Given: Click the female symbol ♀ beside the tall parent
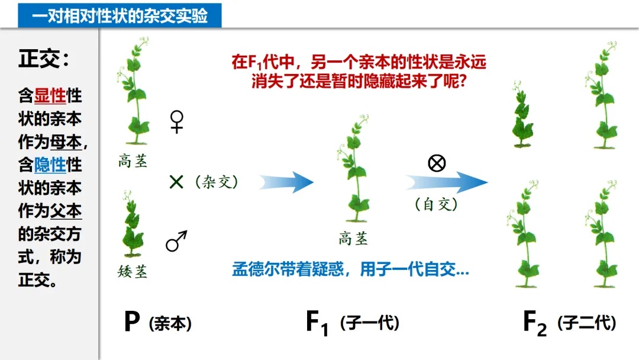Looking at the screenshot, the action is pyautogui.click(x=176, y=122).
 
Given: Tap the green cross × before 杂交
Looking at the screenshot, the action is pyautogui.click(x=176, y=182).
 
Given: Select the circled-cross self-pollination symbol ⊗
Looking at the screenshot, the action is pyautogui.click(x=437, y=163).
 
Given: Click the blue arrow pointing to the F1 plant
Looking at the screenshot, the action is pyautogui.click(x=285, y=182).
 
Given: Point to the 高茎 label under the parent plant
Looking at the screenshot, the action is pyautogui.click(x=133, y=161).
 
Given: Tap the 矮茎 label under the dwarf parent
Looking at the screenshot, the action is pyautogui.click(x=133, y=272).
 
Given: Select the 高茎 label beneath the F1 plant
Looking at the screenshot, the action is pyautogui.click(x=353, y=239).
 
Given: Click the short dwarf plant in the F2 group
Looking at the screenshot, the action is pyautogui.click(x=522, y=115).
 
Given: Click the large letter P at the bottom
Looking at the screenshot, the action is pyautogui.click(x=132, y=322).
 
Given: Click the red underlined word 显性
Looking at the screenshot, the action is pyautogui.click(x=50, y=96).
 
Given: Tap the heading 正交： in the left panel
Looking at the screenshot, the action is pyautogui.click(x=44, y=59).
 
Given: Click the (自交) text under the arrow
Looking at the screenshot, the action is pyautogui.click(x=437, y=204).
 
